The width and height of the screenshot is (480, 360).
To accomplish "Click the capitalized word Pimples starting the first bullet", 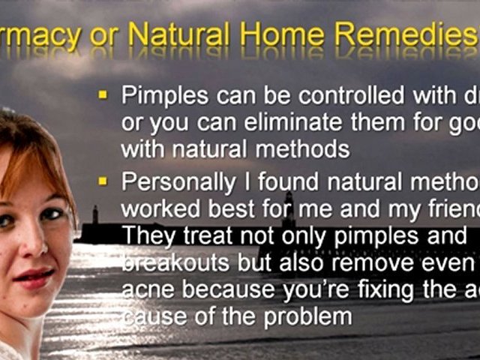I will pyautogui.click(x=165, y=97).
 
